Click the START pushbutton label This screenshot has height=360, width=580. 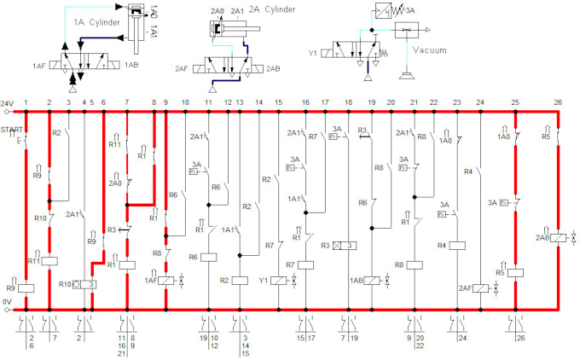coord(12,130)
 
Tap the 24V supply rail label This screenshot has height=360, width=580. coord(8,102)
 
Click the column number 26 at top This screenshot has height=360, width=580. coord(558,102)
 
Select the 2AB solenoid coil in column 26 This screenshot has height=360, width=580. coord(558,240)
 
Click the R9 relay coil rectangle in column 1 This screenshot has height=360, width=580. coord(26,287)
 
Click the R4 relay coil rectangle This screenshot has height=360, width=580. coord(456,246)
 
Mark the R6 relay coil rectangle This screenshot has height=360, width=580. coord(208,256)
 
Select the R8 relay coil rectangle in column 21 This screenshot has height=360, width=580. coord(415,264)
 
